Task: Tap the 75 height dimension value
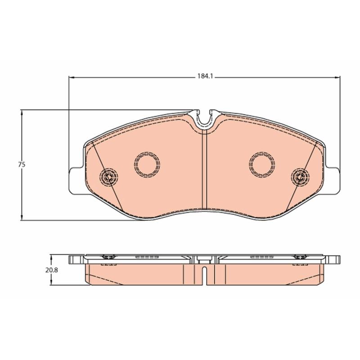22,165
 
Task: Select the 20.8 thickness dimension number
51,270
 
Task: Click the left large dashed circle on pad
147,152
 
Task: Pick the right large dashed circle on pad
262,152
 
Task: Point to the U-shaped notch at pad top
204,125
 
